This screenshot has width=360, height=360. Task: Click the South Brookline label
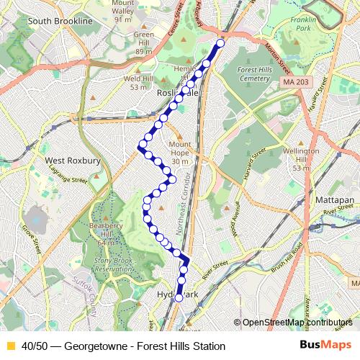pyautogui.click(x=60, y=22)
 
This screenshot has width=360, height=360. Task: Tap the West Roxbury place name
pyautogui.click(x=72, y=161)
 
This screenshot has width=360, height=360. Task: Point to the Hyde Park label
pyautogui.click(x=176, y=295)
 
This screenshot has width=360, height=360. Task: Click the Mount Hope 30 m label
pyautogui.click(x=180, y=153)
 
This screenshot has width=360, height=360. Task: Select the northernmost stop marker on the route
pyautogui.click(x=220, y=43)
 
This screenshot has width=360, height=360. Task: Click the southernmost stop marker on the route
pyautogui.click(x=179, y=298)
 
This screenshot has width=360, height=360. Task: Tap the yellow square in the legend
pyautogui.click(x=10, y=346)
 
